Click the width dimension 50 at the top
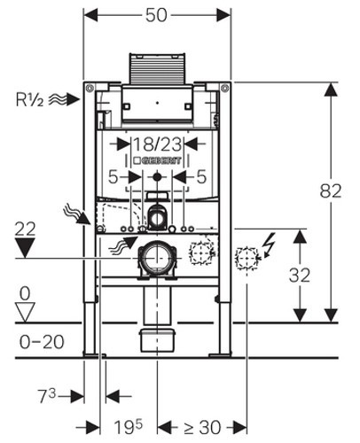click(x=156, y=15)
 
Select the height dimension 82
click(x=331, y=190)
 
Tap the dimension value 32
click(x=300, y=275)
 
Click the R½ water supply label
click(x=29, y=99)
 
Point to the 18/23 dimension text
click(x=158, y=144)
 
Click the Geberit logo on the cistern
click(x=157, y=160)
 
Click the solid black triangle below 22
click(x=25, y=247)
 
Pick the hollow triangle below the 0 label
click(x=25, y=312)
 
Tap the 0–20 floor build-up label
click(x=42, y=342)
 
